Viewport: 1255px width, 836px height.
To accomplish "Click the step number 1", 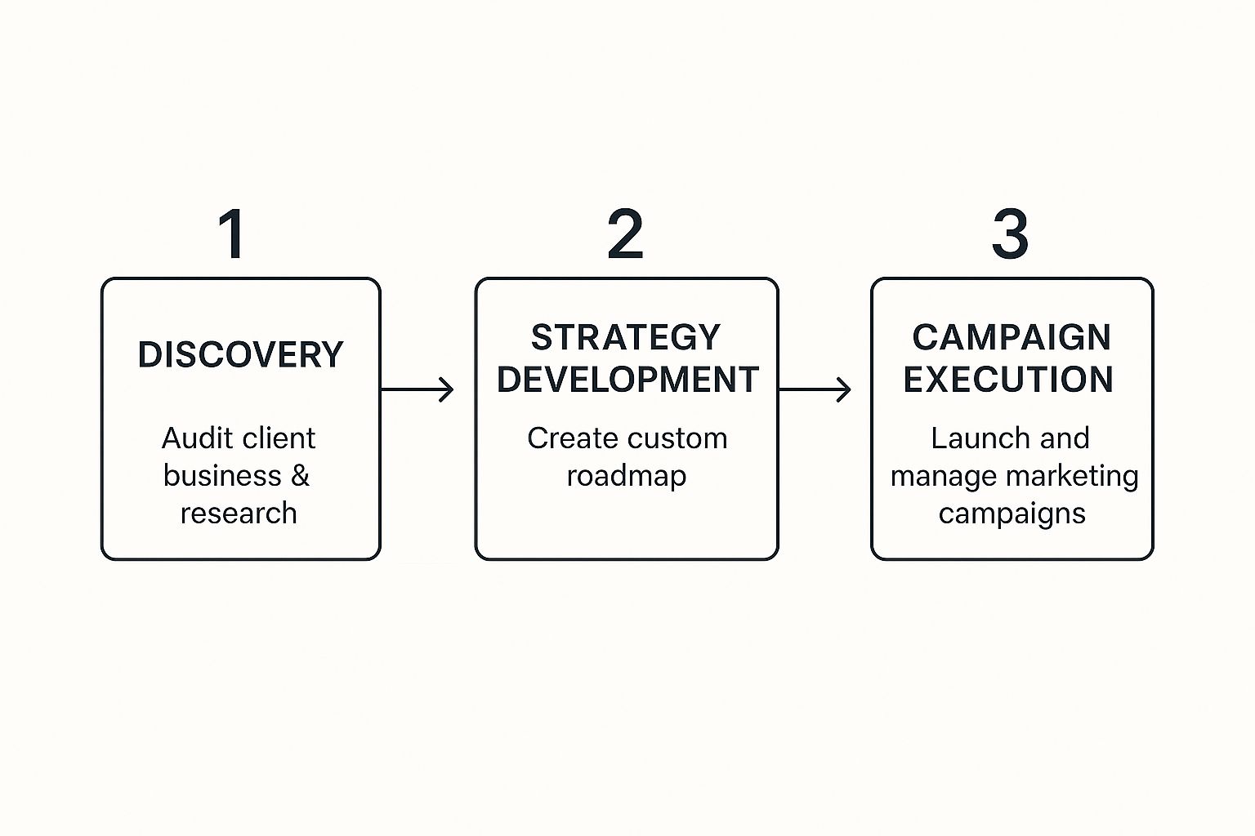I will coord(233,234).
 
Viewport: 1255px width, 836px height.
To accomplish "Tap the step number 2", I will coord(626,234).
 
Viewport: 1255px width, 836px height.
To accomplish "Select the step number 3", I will coord(1011,234).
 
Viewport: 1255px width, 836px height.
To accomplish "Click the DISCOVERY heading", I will coord(240,355).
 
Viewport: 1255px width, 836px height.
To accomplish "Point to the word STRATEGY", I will coord(626,337).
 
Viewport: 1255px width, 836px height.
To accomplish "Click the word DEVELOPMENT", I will coord(627,380).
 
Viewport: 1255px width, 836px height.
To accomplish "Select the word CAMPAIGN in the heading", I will coord(1012,337).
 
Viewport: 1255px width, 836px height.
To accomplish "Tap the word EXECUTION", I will coord(1008,380).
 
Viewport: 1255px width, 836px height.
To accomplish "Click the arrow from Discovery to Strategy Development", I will coord(417,389).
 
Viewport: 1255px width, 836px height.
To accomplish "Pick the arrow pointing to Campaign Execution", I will coord(815,389).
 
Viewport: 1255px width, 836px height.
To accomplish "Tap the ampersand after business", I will coord(300,476).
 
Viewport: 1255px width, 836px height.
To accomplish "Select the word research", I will coord(239,514).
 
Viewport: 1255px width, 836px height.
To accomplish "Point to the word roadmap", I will coord(627,476).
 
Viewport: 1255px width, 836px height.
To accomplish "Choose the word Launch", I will coord(969,438).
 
